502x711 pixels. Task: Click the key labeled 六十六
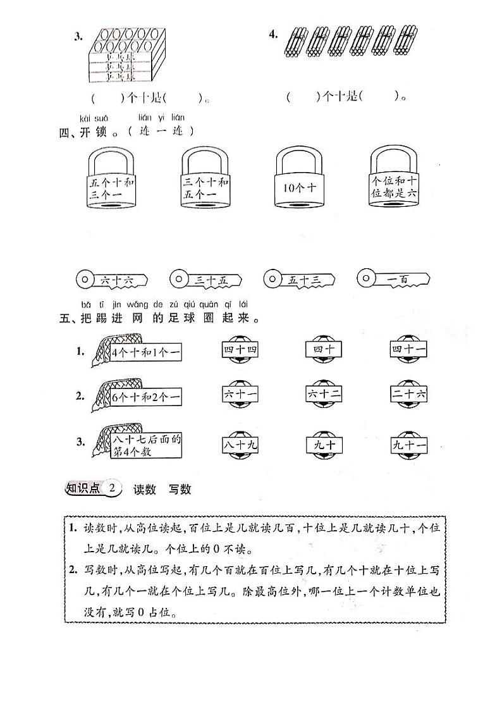[111, 278]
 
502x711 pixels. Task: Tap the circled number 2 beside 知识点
[112, 488]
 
